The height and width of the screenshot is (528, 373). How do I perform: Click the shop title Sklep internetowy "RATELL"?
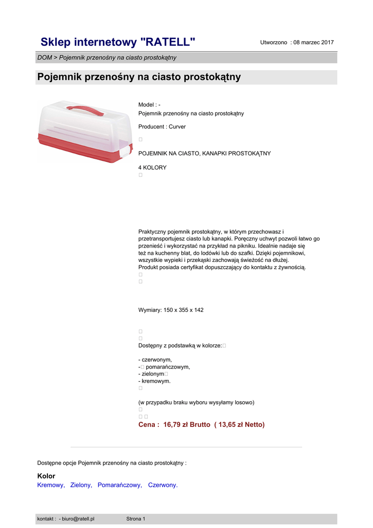click(118, 42)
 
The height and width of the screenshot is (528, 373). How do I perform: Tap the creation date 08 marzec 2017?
click(313, 42)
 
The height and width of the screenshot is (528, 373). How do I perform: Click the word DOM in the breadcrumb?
click(44, 58)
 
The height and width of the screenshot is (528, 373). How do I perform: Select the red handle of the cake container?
click(84, 109)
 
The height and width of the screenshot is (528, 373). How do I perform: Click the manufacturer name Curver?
click(177, 127)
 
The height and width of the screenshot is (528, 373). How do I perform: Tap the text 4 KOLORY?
click(152, 168)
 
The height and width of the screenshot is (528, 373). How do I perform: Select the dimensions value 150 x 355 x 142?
click(183, 310)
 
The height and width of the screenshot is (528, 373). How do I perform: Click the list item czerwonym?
click(157, 359)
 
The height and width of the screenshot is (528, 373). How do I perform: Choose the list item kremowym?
click(156, 381)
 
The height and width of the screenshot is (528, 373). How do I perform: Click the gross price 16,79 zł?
click(176, 425)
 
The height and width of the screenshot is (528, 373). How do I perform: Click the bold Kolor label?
click(46, 476)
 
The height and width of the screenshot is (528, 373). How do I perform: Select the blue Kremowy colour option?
click(50, 485)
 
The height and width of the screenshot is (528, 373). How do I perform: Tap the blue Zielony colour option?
click(81, 485)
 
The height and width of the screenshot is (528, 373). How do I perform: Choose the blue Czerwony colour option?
click(162, 485)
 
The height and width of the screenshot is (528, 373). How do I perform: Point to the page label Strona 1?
click(136, 519)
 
